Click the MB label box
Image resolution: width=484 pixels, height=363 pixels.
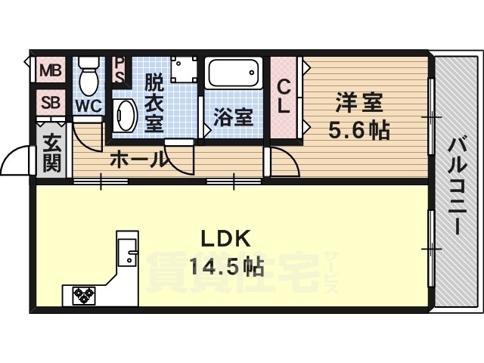(x=51, y=71)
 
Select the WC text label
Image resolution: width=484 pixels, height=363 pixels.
(x=88, y=107)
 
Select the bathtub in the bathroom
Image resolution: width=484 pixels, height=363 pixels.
(x=234, y=74)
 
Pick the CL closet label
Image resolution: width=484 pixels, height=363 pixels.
(x=284, y=96)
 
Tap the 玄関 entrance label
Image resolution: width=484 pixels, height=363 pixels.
(x=51, y=152)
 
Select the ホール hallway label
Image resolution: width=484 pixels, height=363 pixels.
(x=139, y=160)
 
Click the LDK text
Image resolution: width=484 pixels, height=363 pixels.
(x=225, y=239)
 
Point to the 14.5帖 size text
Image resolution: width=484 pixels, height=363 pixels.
(x=226, y=266)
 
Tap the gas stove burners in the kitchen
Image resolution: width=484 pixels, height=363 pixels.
(x=83, y=294)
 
